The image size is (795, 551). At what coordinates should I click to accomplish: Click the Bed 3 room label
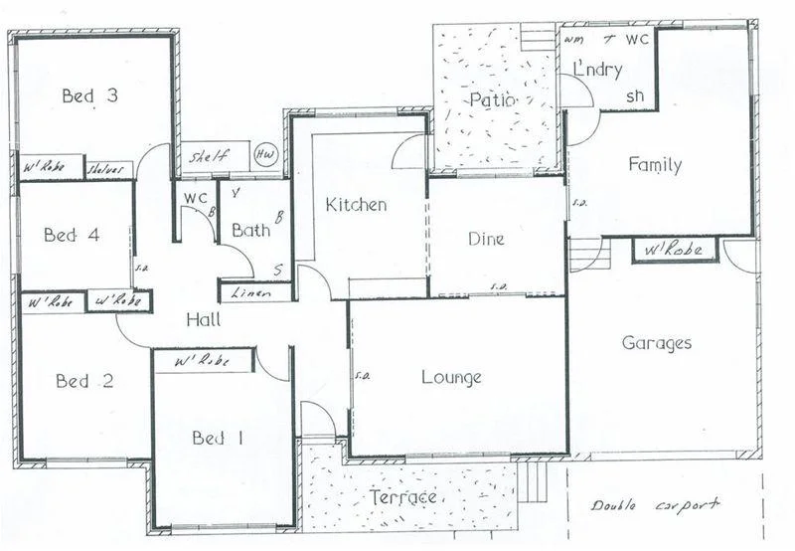pyautogui.click(x=90, y=95)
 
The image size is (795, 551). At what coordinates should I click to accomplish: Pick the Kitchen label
pyautogui.click(x=356, y=205)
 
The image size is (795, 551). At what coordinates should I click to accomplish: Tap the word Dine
pyautogui.click(x=486, y=239)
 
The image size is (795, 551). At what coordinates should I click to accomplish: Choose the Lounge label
pyautogui.click(x=451, y=378)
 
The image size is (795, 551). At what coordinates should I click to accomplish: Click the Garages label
pyautogui.click(x=656, y=343)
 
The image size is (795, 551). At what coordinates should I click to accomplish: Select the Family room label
pyautogui.click(x=654, y=165)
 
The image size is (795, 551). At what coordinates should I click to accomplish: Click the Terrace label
pyautogui.click(x=403, y=496)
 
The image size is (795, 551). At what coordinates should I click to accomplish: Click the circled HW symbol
pyautogui.click(x=265, y=155)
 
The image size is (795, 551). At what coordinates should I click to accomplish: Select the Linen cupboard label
pyautogui.click(x=252, y=293)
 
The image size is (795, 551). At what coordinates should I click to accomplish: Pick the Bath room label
pyautogui.click(x=250, y=231)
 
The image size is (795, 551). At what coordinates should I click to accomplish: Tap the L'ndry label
pyautogui.click(x=598, y=70)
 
